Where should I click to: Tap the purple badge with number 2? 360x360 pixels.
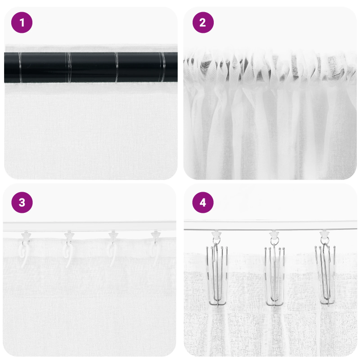pos(203,22)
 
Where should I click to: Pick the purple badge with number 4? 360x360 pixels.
pos(203,203)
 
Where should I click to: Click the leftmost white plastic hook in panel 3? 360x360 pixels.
pos(23,250)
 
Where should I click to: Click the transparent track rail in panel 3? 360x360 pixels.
pos(90,226)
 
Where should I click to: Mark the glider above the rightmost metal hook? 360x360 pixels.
pos(325,234)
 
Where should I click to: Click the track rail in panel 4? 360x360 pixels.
pos(270,225)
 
